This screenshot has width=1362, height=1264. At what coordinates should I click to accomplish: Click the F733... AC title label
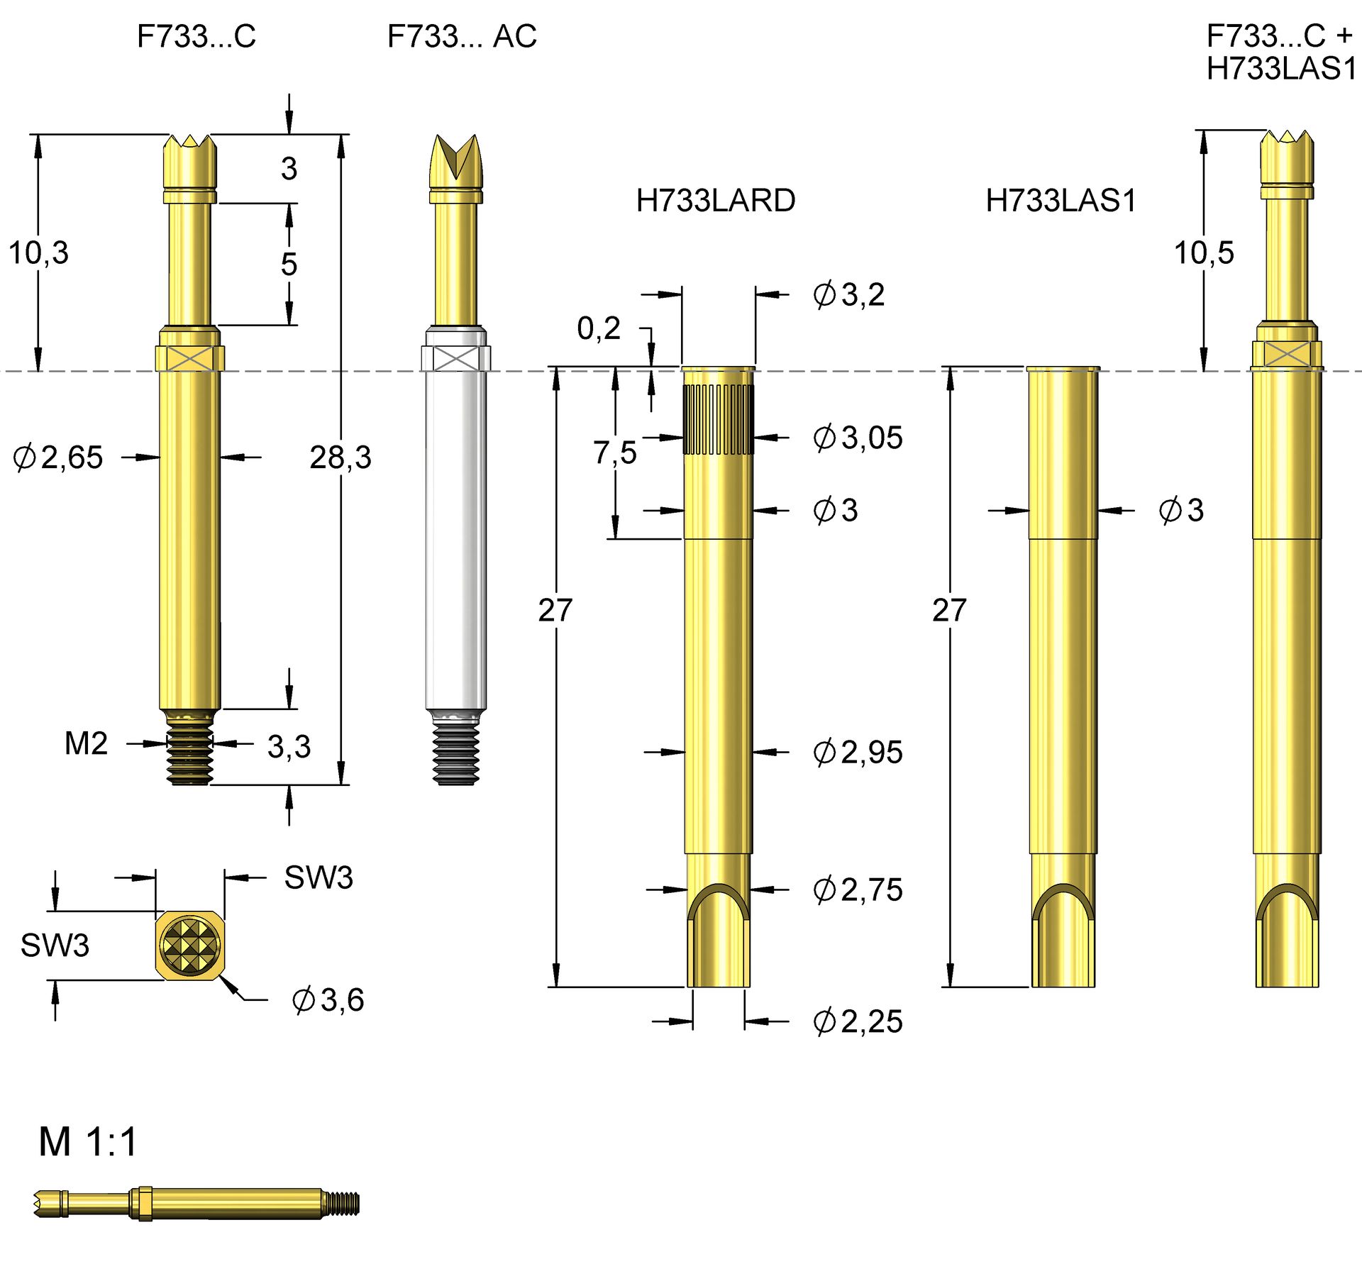click(x=461, y=36)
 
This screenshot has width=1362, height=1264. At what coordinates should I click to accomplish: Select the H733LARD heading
click(x=715, y=201)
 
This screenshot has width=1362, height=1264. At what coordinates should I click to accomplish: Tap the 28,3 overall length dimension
click(x=340, y=457)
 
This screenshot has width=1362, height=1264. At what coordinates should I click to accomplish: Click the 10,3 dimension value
click(x=38, y=253)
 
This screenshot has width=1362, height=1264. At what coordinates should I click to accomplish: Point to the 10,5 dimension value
click(x=1204, y=253)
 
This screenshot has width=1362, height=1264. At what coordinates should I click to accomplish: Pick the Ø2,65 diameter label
click(x=58, y=457)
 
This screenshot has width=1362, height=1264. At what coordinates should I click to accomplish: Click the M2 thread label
click(x=86, y=743)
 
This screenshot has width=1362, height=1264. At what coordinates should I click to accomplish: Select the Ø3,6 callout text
click(x=328, y=999)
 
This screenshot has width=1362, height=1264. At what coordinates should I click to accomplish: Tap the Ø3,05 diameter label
click(x=857, y=438)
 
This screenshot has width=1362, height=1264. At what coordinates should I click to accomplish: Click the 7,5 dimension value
click(x=614, y=453)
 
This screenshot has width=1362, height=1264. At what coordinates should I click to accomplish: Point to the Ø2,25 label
click(x=857, y=1021)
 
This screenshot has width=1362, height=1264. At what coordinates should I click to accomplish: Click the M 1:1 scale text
click(x=87, y=1142)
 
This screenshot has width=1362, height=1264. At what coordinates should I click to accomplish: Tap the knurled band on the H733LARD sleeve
click(x=718, y=419)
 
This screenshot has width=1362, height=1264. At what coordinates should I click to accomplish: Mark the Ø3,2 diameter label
click(x=848, y=294)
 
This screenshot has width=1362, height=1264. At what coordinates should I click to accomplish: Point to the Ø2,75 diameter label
click(x=857, y=889)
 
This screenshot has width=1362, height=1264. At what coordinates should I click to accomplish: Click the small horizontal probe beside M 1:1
click(x=196, y=1204)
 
